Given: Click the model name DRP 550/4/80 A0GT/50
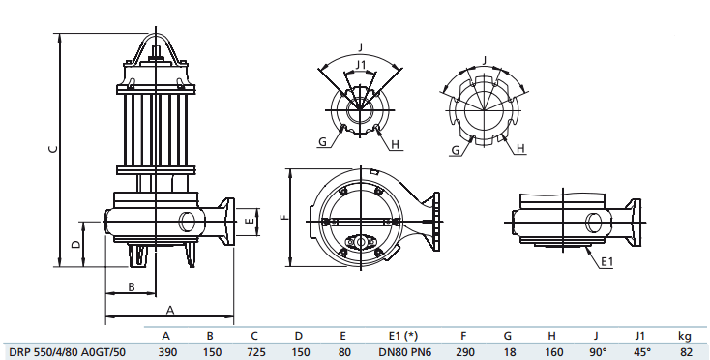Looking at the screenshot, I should tap(65, 351).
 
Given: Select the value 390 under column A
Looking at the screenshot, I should tap(167, 351).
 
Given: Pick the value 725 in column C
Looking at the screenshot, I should tap(254, 351).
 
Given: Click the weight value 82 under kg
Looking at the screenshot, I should tap(686, 351).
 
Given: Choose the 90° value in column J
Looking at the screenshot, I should tap(597, 351).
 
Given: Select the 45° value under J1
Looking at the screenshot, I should tap(639, 351).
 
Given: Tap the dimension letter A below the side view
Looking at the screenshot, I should tap(169, 310).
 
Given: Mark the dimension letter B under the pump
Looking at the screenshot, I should tap(132, 285).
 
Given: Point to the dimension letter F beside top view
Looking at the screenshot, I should tap(283, 217).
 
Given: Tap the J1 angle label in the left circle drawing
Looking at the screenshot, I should tap(361, 65).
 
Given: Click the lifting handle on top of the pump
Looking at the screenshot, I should tap(156, 46).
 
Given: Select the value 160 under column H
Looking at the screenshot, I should tap(551, 351).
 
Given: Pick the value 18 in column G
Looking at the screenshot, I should tap(508, 351).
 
